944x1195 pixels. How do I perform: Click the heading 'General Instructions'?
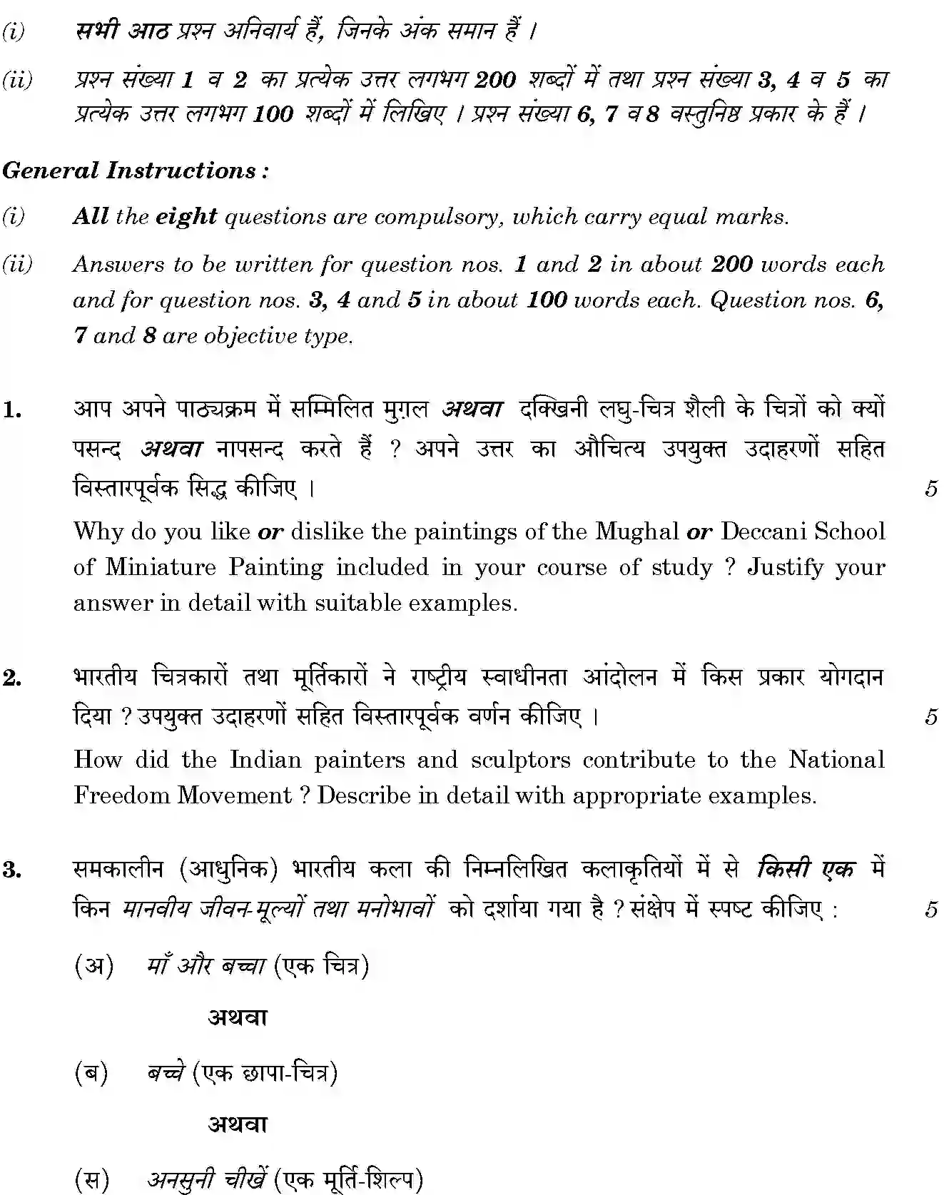[x=135, y=171]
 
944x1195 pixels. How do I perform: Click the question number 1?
[x=11, y=410]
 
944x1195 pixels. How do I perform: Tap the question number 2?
[x=11, y=677]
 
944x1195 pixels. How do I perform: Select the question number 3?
[x=11, y=870]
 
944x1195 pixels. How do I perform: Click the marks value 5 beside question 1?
[x=930, y=489]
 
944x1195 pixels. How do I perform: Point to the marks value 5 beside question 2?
[x=930, y=716]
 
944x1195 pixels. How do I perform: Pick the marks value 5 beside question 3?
[x=930, y=910]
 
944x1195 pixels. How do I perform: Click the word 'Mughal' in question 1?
[x=637, y=532]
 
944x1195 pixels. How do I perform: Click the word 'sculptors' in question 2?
[x=520, y=760]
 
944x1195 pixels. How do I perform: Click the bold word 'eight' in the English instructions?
[x=186, y=216]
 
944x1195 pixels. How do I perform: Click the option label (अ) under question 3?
[x=94, y=967]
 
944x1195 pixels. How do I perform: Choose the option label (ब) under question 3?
[x=91, y=1073]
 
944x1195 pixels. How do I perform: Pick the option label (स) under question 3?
[x=92, y=1181]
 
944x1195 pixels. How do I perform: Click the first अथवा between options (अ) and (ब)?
[x=237, y=1017]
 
